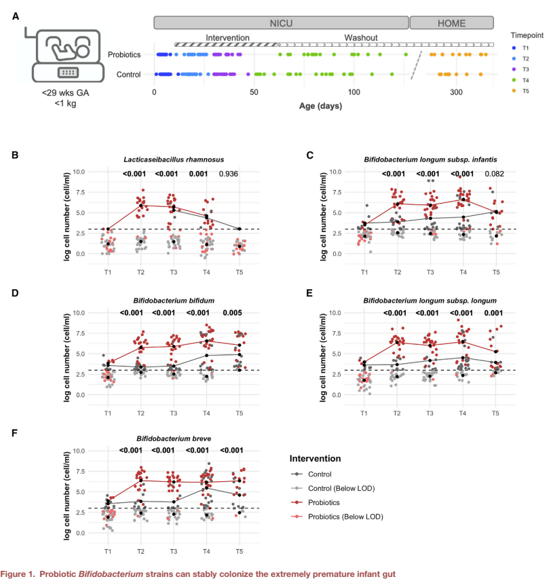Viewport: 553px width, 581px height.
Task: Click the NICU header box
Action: pos(281,22)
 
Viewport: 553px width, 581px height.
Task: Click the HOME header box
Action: pos(451,22)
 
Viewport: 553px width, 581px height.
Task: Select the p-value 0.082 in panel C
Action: pos(497,174)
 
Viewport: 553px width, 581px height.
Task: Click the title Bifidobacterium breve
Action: pos(173,438)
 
